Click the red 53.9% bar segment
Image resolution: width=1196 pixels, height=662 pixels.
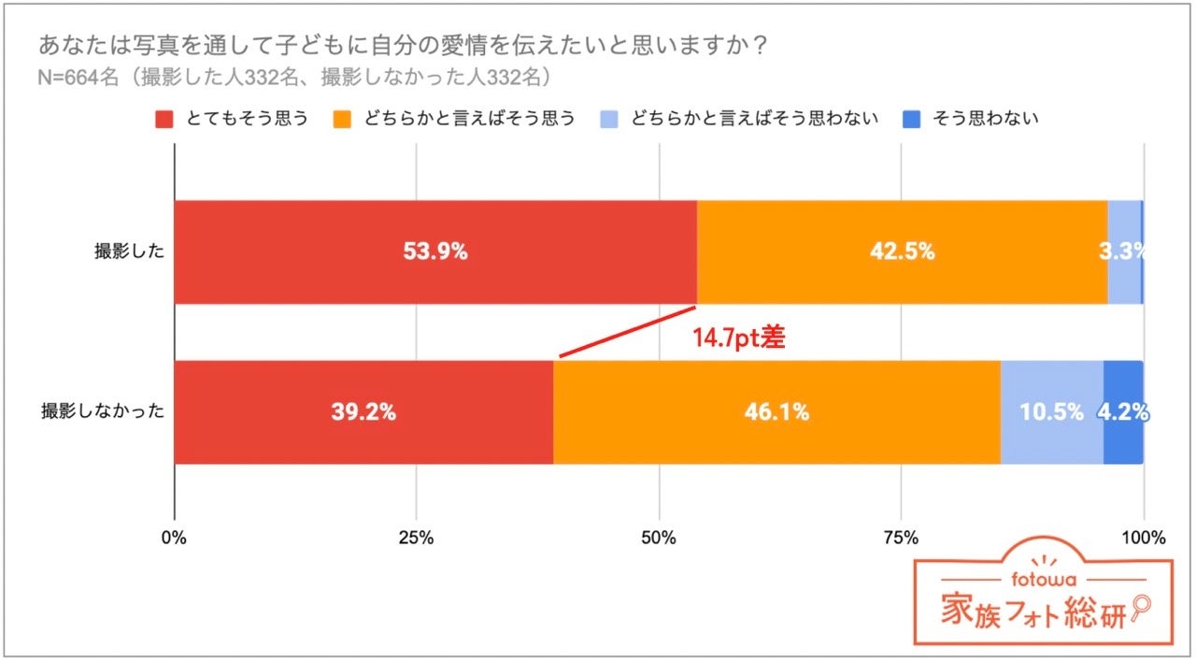435,252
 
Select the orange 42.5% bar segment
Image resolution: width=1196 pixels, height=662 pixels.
902,252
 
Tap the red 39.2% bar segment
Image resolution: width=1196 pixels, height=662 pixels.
363,412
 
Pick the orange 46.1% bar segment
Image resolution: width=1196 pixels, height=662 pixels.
776,412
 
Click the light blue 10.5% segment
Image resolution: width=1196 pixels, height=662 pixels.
1051,412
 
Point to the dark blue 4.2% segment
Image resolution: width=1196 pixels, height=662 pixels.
1123,412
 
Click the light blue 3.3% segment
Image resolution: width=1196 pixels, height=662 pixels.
1124,252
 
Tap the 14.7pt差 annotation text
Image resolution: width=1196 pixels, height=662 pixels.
738,338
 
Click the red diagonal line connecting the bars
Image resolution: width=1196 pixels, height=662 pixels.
628,331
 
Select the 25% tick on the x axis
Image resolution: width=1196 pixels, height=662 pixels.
416,538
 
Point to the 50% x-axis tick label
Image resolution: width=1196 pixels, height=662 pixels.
659,538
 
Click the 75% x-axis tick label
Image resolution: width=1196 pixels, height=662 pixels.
901,538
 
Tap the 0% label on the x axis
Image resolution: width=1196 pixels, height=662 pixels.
174,538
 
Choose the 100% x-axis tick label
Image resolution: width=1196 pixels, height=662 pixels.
1143,538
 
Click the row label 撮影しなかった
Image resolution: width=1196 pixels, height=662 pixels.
104,412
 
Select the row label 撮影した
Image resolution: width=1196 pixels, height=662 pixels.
130,252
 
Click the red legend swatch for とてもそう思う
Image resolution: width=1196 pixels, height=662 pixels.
164,119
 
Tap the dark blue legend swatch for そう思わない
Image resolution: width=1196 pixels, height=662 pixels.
912,119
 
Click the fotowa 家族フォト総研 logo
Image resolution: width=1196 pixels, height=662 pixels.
1043,601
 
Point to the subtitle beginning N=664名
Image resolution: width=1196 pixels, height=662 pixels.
292,77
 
